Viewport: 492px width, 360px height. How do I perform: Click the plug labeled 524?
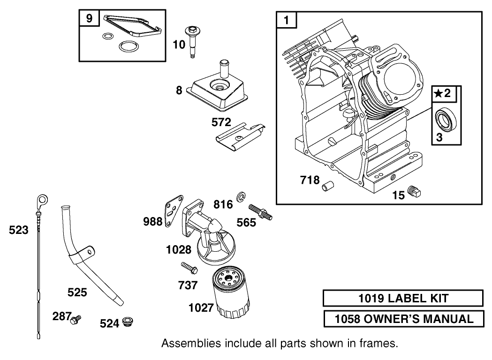click(x=127, y=322)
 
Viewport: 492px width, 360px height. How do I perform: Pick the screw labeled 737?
click(x=189, y=269)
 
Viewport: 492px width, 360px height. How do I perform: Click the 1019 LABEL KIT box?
click(x=403, y=298)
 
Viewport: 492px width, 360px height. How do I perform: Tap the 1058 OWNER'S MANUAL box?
click(x=403, y=319)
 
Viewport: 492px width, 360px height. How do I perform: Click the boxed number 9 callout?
click(x=89, y=19)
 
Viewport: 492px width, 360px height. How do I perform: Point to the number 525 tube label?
click(x=77, y=292)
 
